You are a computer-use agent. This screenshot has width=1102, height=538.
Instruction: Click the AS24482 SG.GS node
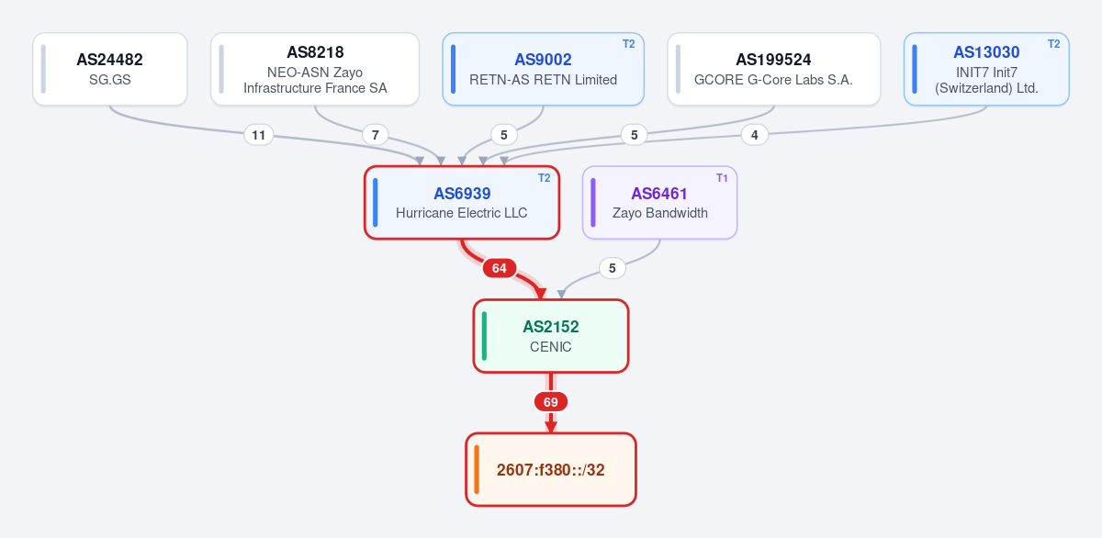pos(110,69)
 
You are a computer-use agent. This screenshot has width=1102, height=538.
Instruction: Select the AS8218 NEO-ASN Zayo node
pos(315,69)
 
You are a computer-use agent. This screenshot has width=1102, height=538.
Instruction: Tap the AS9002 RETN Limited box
pos(543,69)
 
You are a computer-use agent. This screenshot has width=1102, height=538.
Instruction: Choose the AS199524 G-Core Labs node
pos(774,69)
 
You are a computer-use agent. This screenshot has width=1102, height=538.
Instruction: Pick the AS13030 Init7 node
pos(986,69)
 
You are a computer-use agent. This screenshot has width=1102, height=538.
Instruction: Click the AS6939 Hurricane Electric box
pos(462,203)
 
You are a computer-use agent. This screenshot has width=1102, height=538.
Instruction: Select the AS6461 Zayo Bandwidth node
pos(659,203)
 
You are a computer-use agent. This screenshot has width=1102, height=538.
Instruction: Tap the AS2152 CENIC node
pos(551,336)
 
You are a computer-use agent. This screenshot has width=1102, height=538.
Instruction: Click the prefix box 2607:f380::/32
pos(551,470)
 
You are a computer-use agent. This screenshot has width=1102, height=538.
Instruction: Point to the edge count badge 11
pos(259,135)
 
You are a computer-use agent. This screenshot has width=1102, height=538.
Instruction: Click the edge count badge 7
pos(376,135)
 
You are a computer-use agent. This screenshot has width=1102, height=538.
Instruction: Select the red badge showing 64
pos(500,268)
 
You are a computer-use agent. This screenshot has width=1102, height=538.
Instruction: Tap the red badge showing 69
pos(551,402)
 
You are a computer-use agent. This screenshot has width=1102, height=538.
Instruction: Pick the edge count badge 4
pos(755,135)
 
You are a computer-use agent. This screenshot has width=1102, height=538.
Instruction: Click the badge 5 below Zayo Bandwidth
pos(613,268)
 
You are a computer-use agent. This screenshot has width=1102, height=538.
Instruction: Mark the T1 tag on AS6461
pos(722,178)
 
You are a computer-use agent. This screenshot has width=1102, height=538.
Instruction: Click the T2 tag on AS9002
pos(629,44)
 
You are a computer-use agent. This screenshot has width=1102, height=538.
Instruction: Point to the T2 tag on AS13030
pos(1054,44)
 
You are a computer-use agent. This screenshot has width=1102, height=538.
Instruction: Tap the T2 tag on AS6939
pos(544,178)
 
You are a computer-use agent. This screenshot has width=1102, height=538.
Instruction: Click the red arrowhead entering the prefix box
pos(551,427)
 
